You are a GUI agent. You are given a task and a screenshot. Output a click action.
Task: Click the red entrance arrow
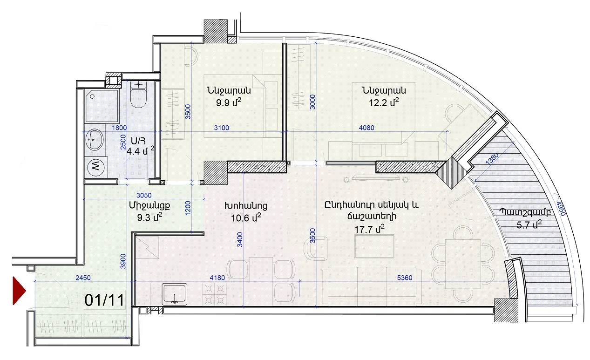pos(19,291)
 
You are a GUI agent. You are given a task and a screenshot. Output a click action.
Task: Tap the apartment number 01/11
pos(104,300)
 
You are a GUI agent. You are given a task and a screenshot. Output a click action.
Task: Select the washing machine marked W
pos(96,167)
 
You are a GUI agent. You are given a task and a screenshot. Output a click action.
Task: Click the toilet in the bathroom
pos(139,95)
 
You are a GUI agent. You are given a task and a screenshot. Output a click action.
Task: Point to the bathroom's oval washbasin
pos(94,140)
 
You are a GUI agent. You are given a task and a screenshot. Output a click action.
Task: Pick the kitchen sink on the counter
pos(174,294)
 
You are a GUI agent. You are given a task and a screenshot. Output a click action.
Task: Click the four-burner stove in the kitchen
pos(214,294)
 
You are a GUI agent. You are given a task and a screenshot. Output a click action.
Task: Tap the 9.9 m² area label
pos(229,102)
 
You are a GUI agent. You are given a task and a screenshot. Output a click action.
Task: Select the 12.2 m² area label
pos(384,102)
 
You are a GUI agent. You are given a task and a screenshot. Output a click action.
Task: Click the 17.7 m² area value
pos(369,229)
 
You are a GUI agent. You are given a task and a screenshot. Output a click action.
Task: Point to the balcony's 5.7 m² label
pos(529,224)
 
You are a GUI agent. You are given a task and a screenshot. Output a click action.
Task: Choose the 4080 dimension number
pos(366,128)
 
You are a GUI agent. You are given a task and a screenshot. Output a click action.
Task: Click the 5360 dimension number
pos(405,278)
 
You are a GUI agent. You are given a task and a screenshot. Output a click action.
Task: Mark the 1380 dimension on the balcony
pos(492,158)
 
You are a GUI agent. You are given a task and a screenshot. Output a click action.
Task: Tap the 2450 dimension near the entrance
pos(83,278)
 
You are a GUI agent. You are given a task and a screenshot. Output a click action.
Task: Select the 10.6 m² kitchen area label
pos(246,218)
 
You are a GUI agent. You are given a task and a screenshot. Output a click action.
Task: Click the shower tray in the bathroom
pos(102,106)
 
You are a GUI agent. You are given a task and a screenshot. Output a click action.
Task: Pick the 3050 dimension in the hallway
pos(144,195)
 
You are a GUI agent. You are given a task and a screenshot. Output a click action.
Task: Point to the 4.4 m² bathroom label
pos(140,151)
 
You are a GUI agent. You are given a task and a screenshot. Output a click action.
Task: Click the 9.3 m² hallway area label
pos(149,217)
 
